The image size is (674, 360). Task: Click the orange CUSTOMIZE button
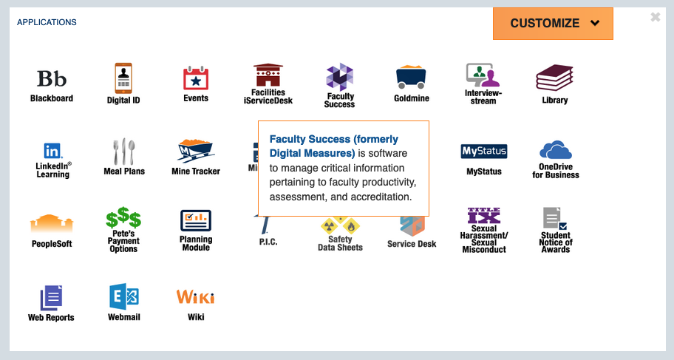[553, 24]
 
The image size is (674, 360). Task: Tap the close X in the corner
[655, 17]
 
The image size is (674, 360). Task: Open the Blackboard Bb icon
[52, 78]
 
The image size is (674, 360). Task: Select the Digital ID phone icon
[123, 78]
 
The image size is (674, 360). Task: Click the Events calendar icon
[196, 78]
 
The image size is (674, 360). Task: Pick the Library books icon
[554, 78]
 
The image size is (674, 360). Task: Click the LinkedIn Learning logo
[52, 151]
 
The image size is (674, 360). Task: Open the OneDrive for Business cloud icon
[556, 150]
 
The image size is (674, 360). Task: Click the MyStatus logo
[484, 152]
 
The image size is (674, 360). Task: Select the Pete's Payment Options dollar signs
[123, 219]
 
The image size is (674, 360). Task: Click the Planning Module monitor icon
[196, 220]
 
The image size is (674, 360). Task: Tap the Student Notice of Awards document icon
[555, 220]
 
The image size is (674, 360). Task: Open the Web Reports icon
[51, 297]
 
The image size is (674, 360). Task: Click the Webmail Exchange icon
[123, 296]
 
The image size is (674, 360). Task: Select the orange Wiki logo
[196, 297]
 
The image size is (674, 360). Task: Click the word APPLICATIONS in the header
[47, 22]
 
